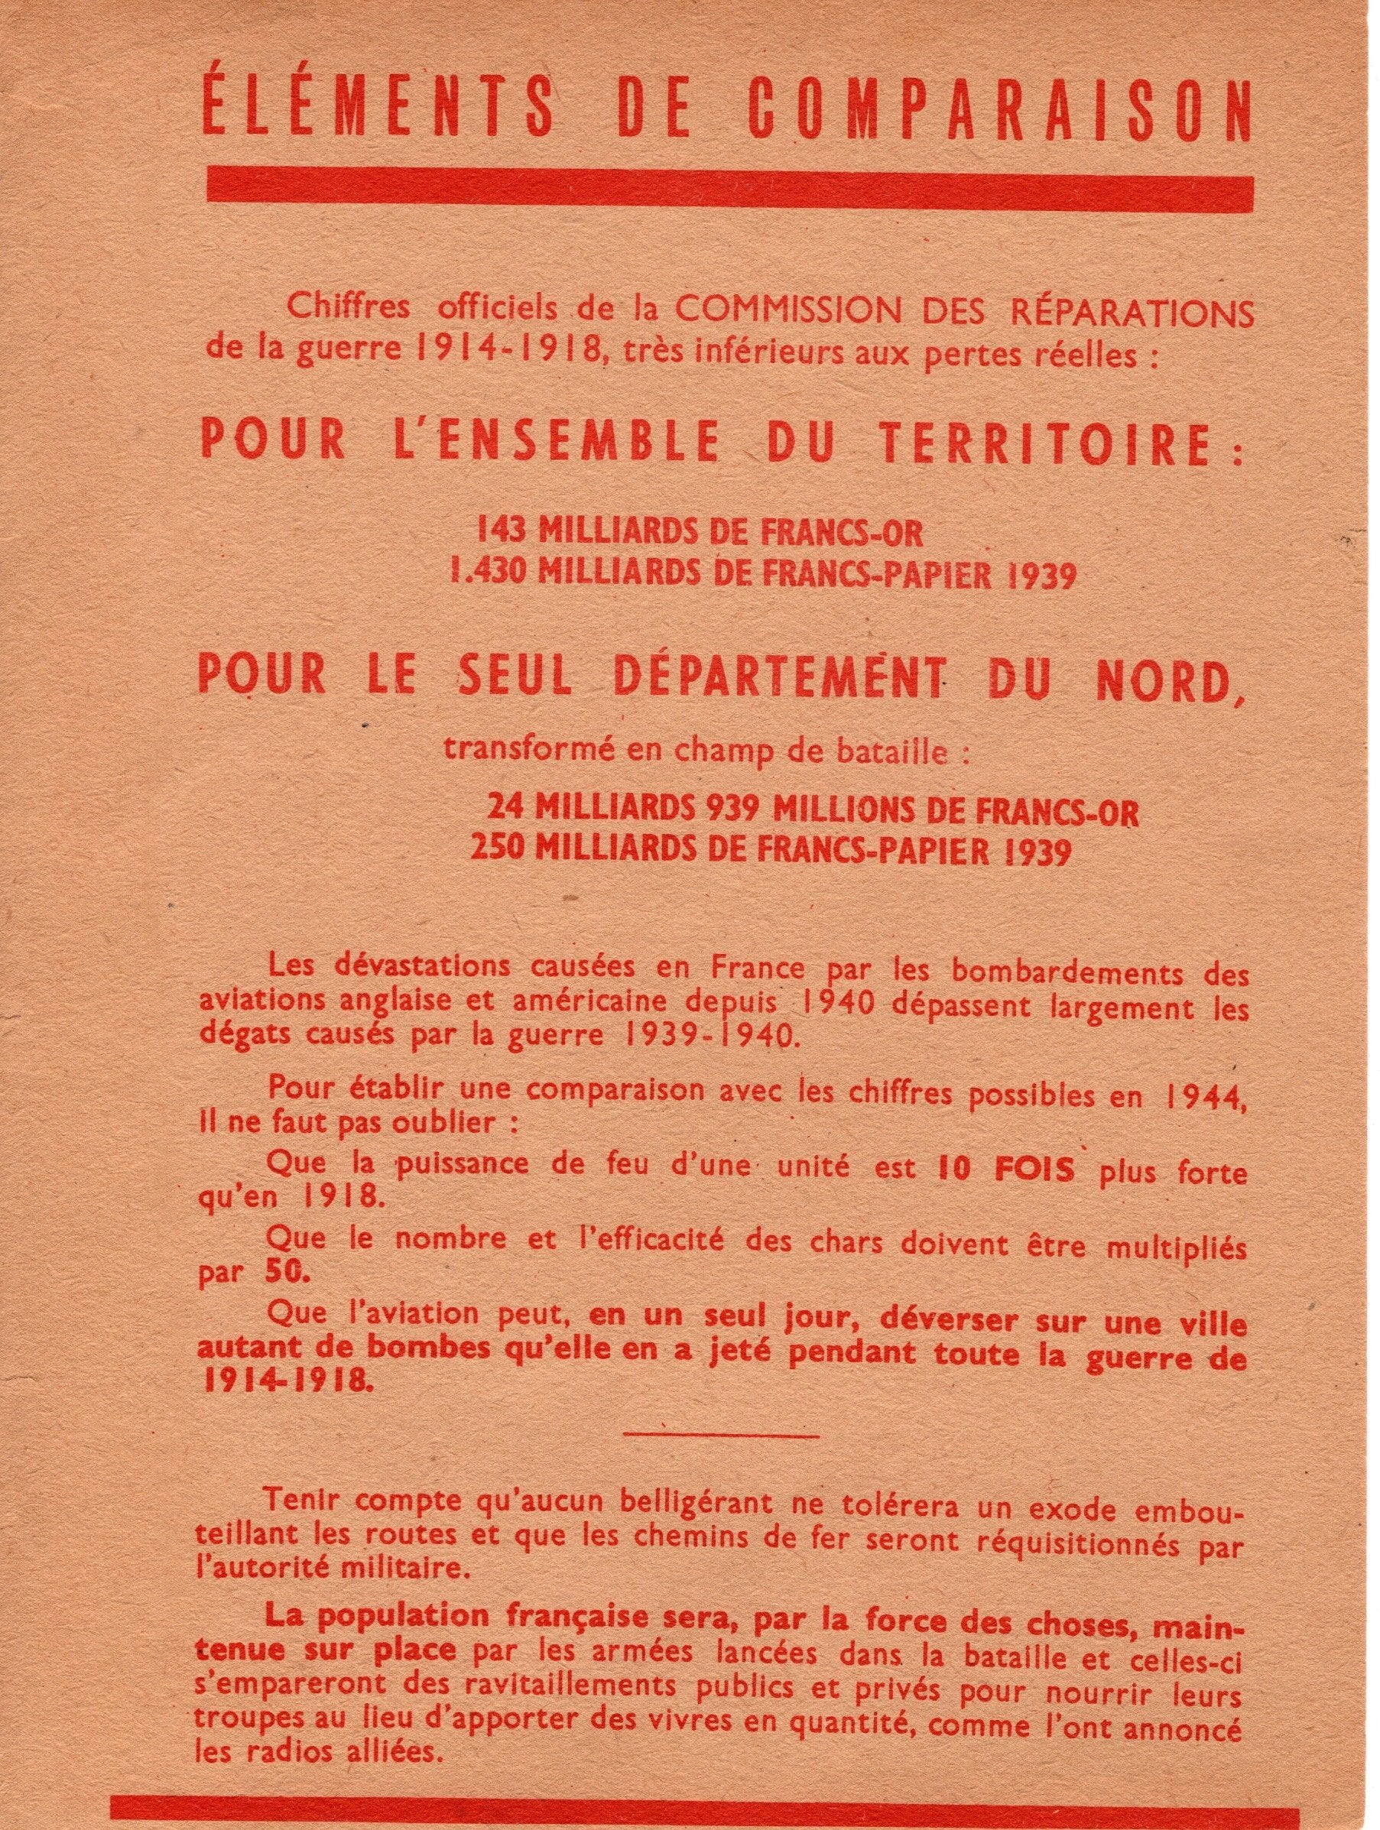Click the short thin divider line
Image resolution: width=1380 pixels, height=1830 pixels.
coord(722,1436)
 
